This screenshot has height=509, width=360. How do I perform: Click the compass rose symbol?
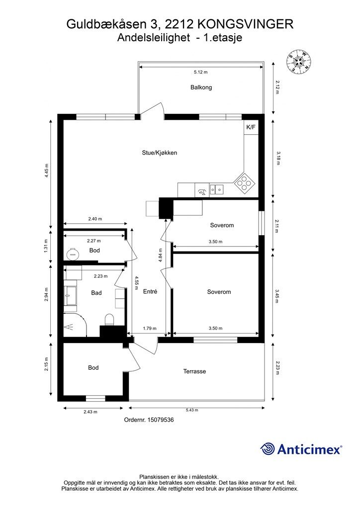point(298,61)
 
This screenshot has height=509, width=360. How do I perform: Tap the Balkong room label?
point(201,87)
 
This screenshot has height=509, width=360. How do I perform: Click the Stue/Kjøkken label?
point(159,153)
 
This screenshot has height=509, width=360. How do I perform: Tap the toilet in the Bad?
point(109,319)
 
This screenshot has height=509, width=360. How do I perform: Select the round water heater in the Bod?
point(73,254)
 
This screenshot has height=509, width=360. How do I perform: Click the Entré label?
point(150,292)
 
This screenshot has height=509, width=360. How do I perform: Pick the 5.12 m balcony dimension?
point(200,73)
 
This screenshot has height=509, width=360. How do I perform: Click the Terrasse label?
point(194,371)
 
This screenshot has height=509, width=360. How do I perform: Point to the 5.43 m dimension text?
point(192,410)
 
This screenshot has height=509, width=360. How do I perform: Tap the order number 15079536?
point(149,420)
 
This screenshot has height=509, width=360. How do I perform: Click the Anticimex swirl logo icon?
point(268,449)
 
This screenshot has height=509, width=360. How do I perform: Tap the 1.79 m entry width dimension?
point(150,328)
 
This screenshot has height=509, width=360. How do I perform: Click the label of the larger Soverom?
point(219,292)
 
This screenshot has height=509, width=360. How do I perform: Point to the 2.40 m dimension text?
point(94,219)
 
